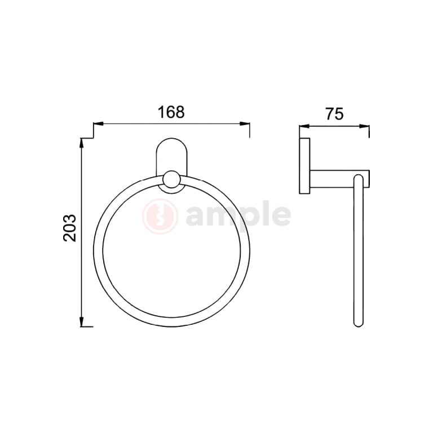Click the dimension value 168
(171, 112)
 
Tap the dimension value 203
(69, 228)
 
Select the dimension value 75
(334, 114)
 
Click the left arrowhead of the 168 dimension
(97, 124)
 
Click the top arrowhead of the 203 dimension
(82, 142)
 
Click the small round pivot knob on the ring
(171, 180)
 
